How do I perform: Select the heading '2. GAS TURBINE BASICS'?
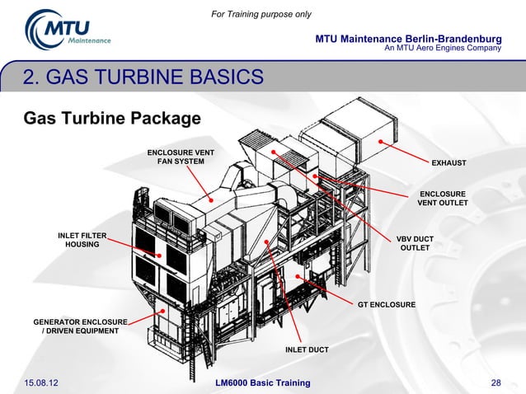pyautogui.click(x=143, y=78)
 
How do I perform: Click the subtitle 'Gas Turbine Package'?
pyautogui.click(x=112, y=119)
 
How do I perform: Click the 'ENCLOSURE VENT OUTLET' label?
pyautogui.click(x=443, y=199)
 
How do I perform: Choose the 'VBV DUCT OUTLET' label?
pyautogui.click(x=415, y=244)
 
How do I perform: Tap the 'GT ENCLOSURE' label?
pyautogui.click(x=386, y=306)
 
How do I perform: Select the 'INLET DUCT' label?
pyautogui.click(x=307, y=350)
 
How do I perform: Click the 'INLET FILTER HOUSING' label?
pyautogui.click(x=82, y=241)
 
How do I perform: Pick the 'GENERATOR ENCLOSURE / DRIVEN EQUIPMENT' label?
pyautogui.click(x=80, y=326)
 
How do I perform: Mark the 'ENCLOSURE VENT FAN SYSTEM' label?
pyautogui.click(x=181, y=157)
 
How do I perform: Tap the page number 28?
pyautogui.click(x=495, y=383)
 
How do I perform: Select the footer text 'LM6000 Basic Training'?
pyautogui.click(x=262, y=383)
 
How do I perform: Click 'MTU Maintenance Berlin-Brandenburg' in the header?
pyautogui.click(x=408, y=40)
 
